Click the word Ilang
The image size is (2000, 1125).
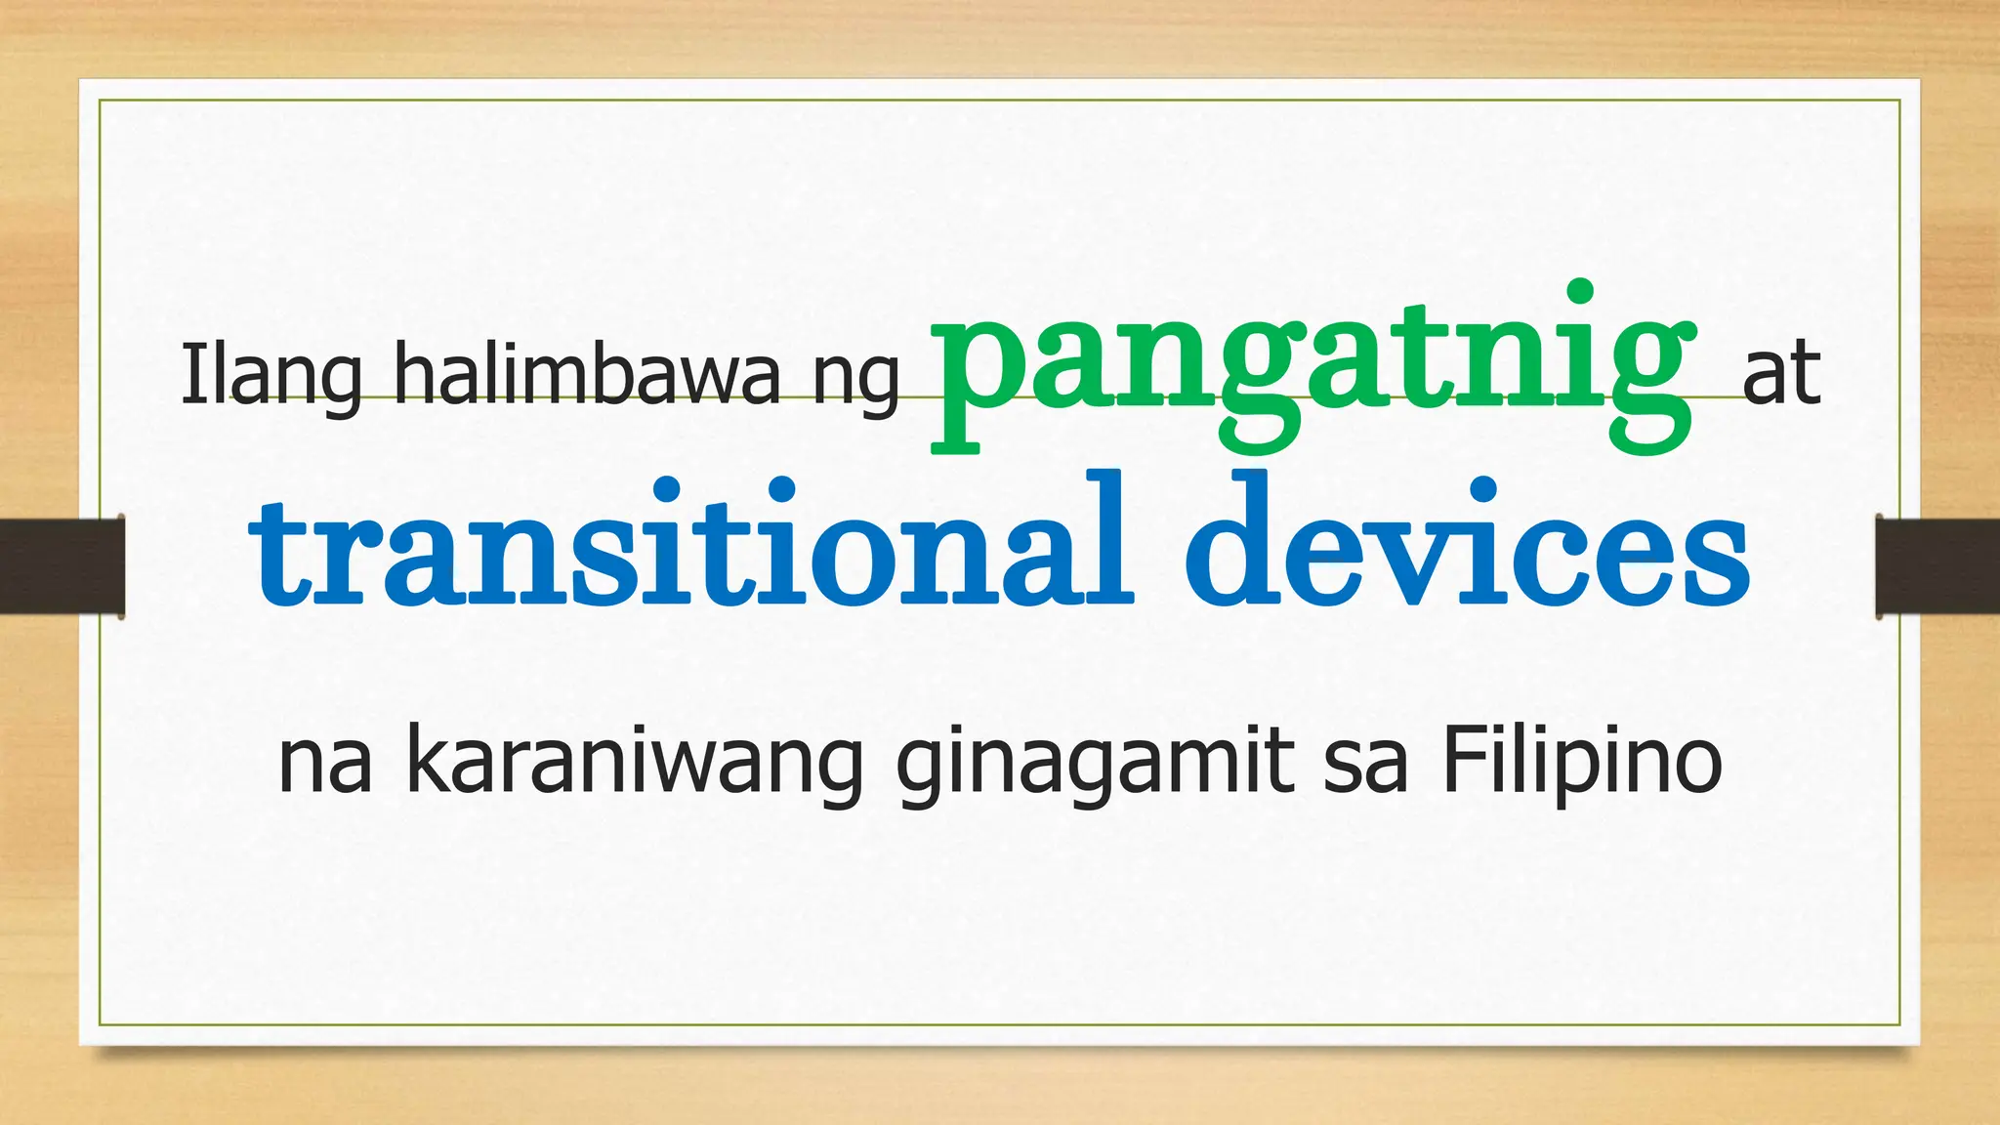point(271,375)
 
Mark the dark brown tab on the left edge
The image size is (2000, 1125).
point(62,566)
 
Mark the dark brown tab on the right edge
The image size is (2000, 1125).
point(1937,566)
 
